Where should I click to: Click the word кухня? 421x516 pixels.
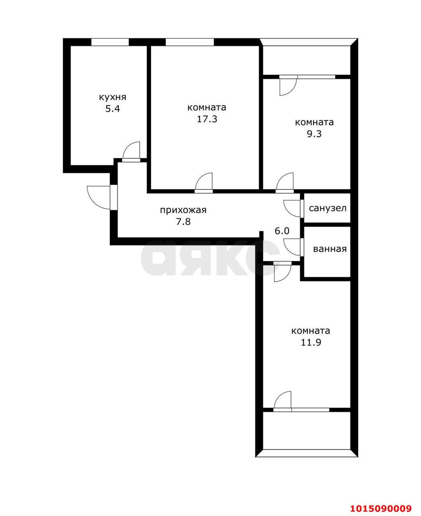pos(113,97)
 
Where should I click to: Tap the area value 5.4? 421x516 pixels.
pos(113,109)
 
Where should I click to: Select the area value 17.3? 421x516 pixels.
pos(207,119)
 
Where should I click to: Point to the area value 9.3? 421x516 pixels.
pos(314,134)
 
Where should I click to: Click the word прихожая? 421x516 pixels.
pos(183,210)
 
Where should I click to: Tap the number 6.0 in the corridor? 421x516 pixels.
pos(282,231)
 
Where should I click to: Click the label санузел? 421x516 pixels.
pos(328,208)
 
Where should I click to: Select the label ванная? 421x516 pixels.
pos(330,249)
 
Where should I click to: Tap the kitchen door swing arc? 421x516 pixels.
pos(132,151)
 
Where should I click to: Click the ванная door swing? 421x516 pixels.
pos(292,247)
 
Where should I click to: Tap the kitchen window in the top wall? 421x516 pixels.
pos(110,42)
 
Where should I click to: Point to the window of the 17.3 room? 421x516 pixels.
pos(189,42)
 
